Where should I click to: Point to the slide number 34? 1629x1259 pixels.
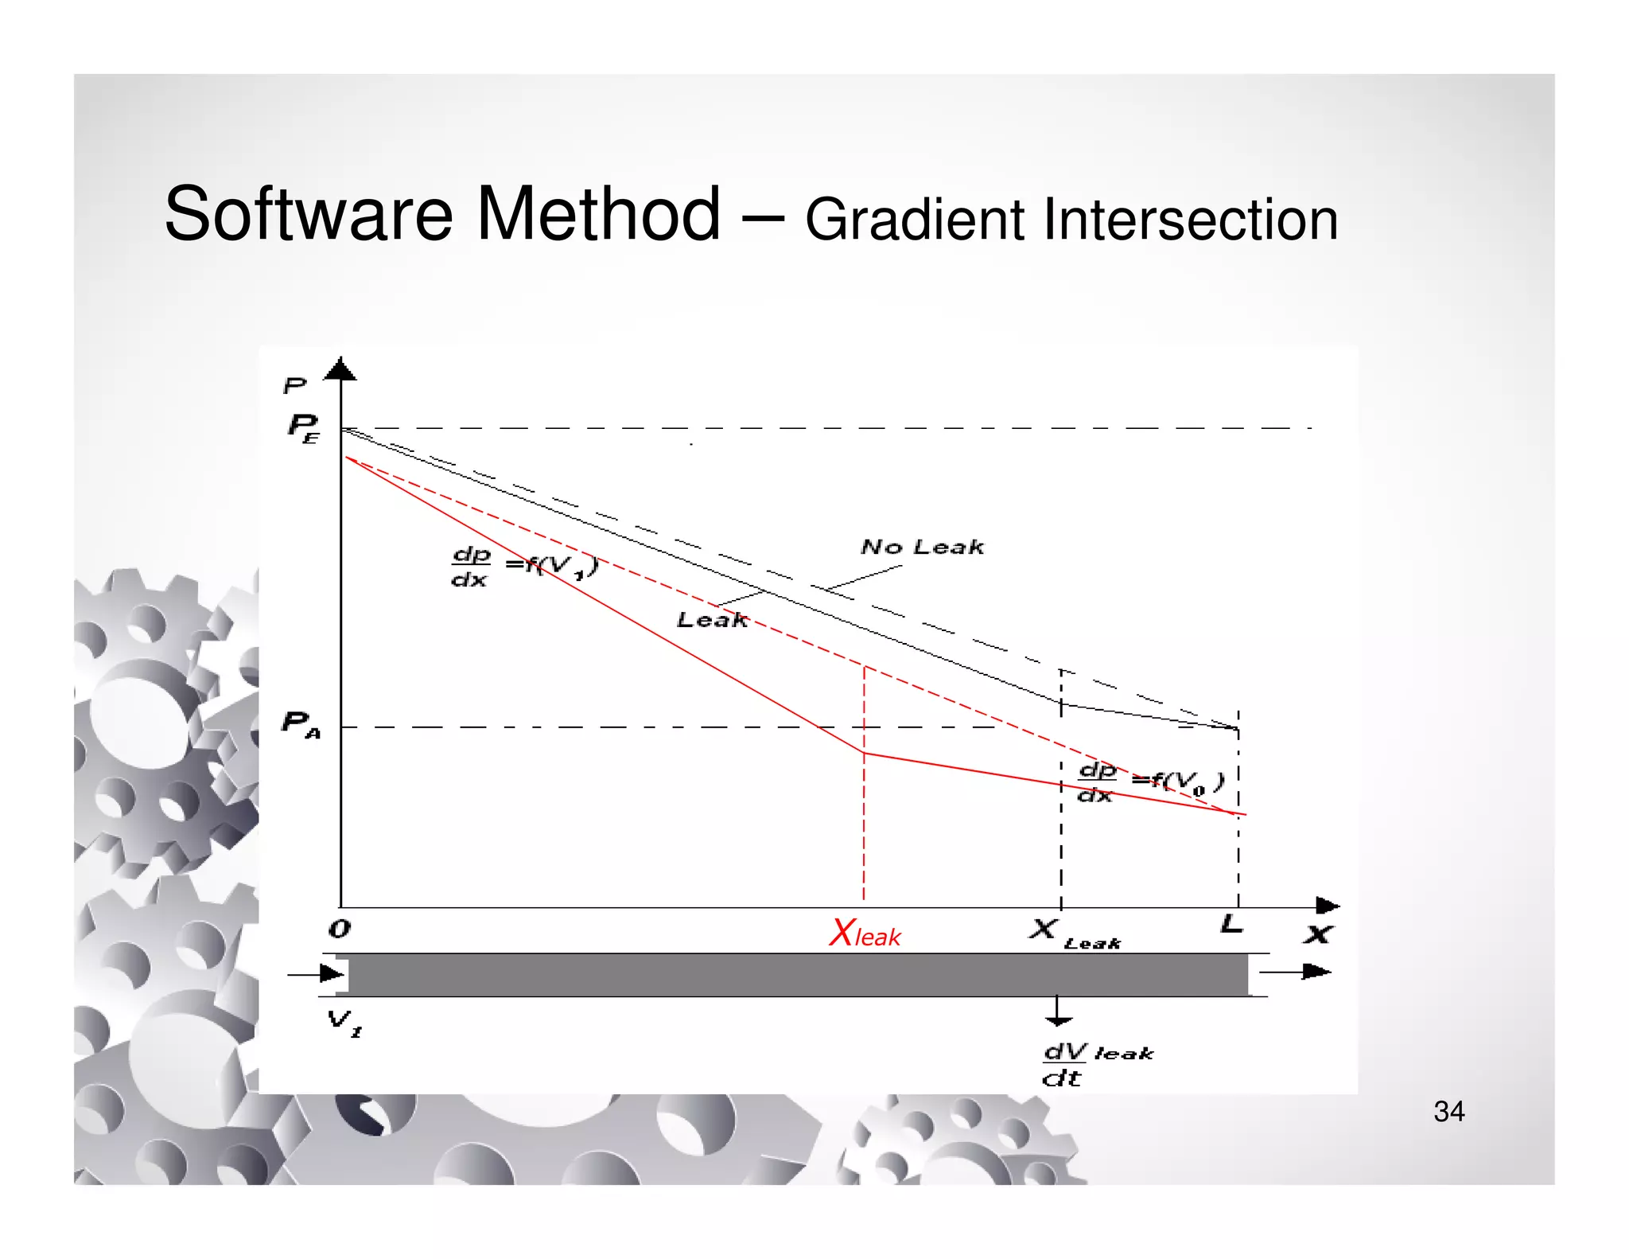1448,1112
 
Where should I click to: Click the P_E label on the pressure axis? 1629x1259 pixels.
303,427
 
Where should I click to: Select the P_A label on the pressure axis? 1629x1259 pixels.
301,724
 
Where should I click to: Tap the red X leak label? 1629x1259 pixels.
865,934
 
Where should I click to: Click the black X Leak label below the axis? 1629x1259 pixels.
1073,934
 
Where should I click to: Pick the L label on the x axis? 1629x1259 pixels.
1231,924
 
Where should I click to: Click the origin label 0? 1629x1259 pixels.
340,929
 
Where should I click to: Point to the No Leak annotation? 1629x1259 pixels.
922,547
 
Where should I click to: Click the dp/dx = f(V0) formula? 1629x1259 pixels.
1150,782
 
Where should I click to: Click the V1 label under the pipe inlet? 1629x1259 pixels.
344,1022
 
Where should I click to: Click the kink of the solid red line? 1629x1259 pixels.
865,753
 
